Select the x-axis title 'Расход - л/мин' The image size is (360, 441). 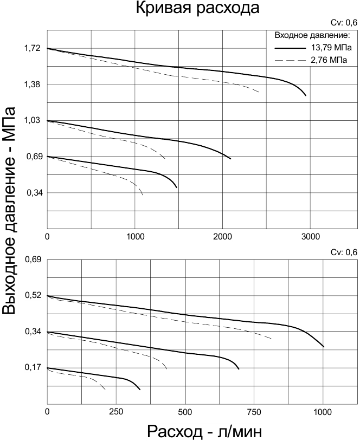pos(206,432)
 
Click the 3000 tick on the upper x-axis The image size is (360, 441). pos(310,237)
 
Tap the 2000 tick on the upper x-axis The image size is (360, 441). pos(222,237)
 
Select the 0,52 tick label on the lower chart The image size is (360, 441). pos(34,296)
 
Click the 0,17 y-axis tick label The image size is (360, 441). pos(34,367)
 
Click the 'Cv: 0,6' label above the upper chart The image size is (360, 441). pos(344,23)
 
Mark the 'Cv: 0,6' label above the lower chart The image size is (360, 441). pos(344,252)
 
